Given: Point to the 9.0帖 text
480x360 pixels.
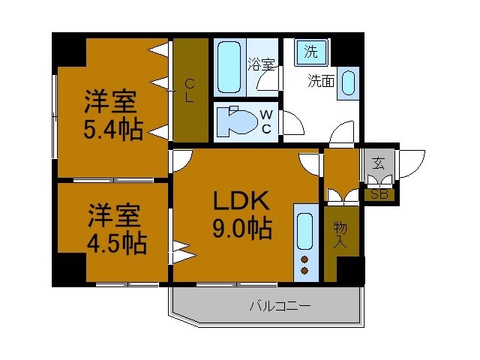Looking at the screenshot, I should (x=240, y=229).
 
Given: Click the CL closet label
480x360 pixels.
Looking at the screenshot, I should (x=190, y=90).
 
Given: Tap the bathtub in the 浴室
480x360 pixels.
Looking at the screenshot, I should (x=228, y=65).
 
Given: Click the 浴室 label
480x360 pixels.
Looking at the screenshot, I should (x=262, y=64).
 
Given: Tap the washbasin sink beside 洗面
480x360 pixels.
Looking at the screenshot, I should (x=348, y=82).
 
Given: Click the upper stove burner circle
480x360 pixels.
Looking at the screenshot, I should (x=304, y=259).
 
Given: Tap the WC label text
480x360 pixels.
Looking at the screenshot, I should (x=265, y=121).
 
